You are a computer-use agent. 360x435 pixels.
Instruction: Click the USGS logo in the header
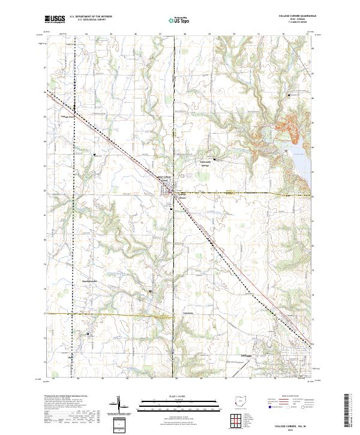click(55, 19)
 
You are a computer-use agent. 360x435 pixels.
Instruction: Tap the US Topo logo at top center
click(175, 19)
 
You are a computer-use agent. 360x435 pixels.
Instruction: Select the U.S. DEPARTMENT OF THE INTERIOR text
click(91, 16)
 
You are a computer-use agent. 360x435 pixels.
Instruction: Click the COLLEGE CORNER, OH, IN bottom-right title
click(293, 424)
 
